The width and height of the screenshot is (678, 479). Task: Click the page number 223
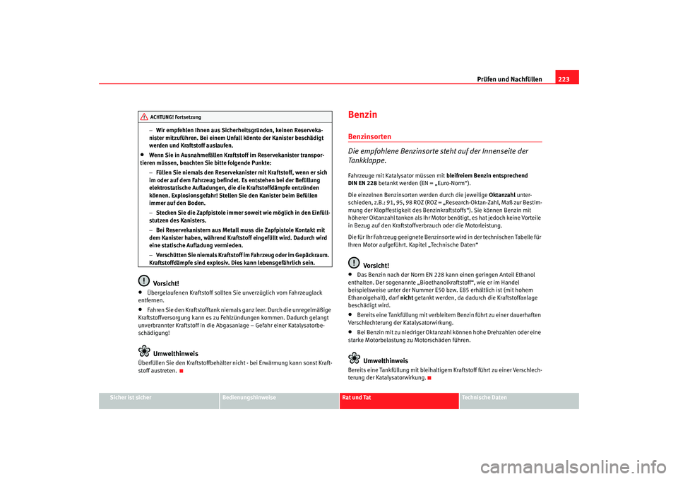566,78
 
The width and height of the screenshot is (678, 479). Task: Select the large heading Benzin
363,114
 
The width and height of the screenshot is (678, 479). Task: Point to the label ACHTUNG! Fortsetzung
175,117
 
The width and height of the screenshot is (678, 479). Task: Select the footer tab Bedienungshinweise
249,398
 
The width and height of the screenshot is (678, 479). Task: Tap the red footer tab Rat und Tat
358,398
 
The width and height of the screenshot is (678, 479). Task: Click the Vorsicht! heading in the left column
165,283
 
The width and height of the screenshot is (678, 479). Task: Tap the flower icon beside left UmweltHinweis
143,351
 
